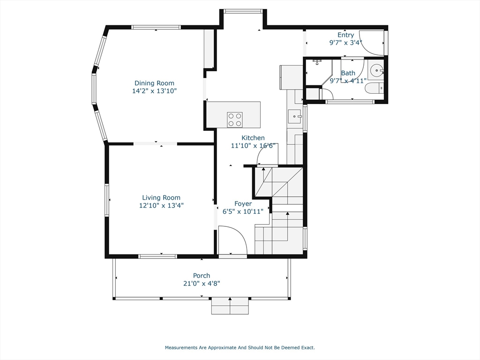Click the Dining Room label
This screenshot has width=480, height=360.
tap(154, 83)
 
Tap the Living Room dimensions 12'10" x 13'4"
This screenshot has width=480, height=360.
tap(161, 205)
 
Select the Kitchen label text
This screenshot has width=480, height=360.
tap(253, 138)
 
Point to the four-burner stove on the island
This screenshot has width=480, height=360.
tap(235, 120)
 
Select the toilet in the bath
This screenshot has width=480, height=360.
tap(374, 88)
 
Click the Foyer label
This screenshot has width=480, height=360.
tap(243, 203)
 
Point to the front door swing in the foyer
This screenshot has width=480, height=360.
tap(232, 240)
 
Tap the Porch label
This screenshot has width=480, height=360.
tap(202, 276)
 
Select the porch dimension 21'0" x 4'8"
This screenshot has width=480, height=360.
tap(202, 284)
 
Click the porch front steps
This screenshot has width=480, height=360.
tap(230, 306)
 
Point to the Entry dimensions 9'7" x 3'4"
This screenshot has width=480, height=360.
tap(345, 43)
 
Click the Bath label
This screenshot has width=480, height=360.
tap(348, 73)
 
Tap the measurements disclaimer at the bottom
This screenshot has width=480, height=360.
tap(240, 347)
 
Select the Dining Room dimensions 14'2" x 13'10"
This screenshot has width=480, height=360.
tap(154, 91)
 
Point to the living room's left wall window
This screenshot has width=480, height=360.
tap(107, 200)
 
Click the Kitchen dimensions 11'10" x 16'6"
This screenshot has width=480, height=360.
tap(253, 146)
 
